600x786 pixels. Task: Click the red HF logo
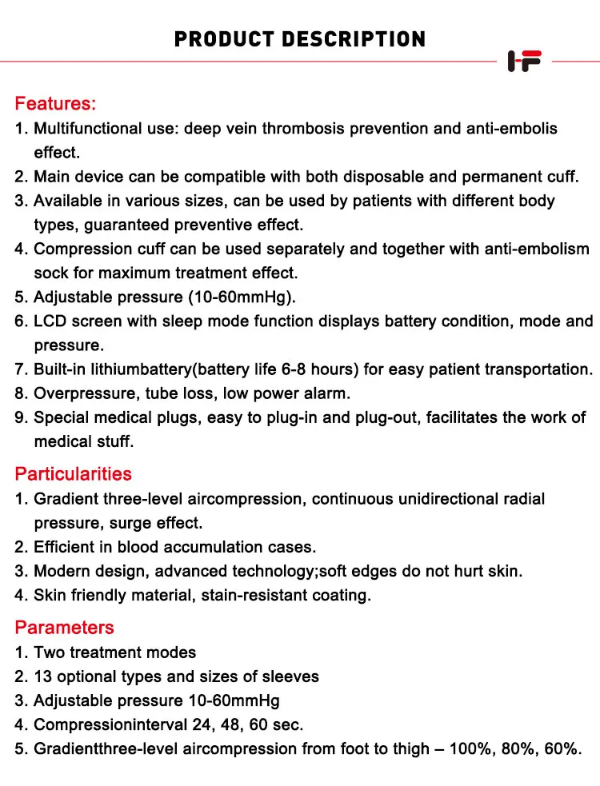click(x=525, y=61)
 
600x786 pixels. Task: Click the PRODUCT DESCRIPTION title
click(x=300, y=38)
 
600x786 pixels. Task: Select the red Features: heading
click(x=55, y=103)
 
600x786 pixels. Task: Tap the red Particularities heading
click(x=73, y=473)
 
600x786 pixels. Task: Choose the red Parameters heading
click(x=64, y=627)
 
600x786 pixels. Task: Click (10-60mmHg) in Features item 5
click(x=242, y=297)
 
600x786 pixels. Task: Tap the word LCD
click(x=50, y=321)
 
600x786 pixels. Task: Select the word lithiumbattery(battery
click(x=150, y=369)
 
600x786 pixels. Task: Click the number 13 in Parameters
click(x=42, y=676)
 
